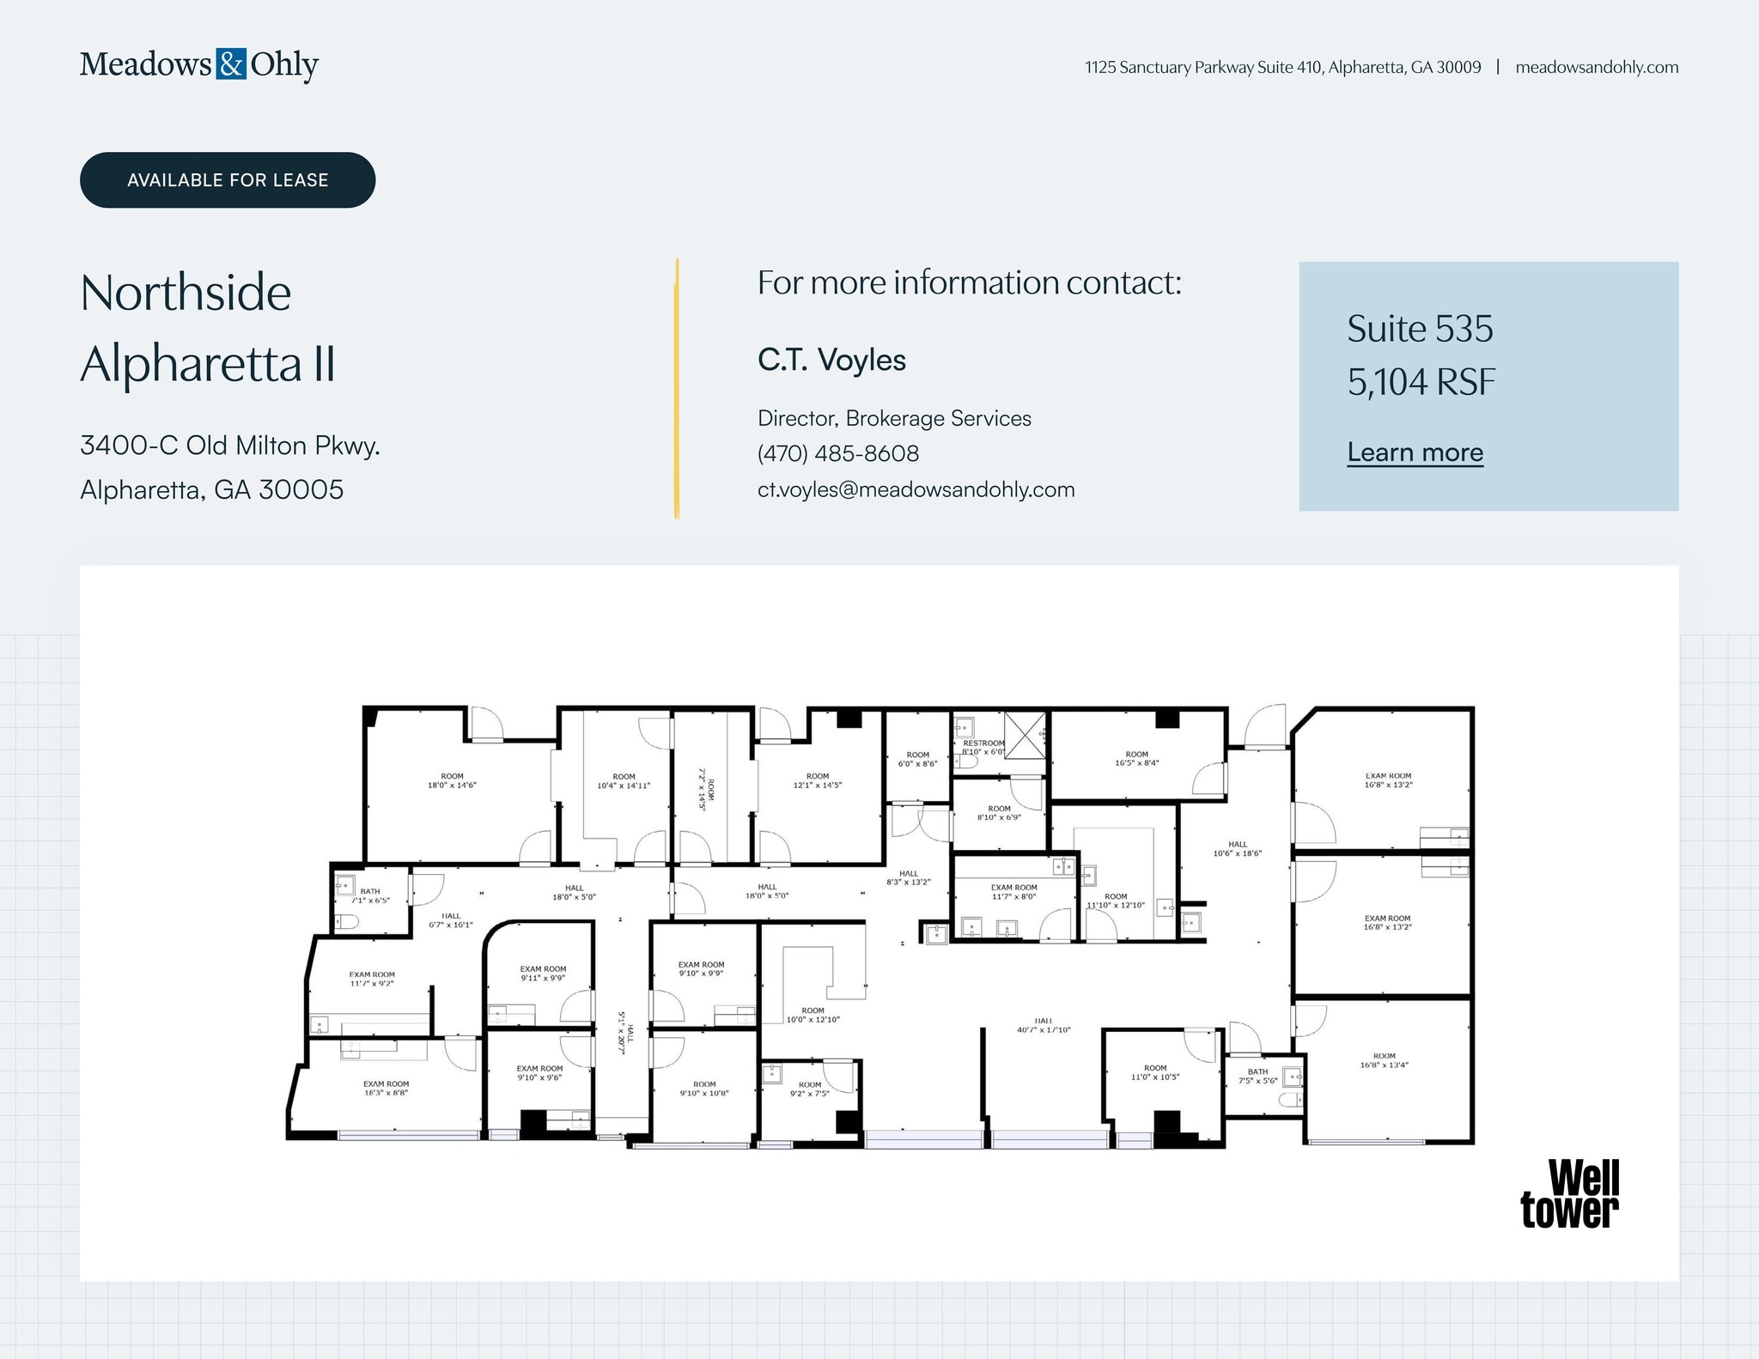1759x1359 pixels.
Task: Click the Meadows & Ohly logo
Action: (199, 64)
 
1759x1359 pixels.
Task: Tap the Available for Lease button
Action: (228, 180)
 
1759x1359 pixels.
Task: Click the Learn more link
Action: (1415, 452)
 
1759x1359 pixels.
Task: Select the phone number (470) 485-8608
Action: (837, 453)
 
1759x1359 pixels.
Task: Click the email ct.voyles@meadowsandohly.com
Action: (916, 489)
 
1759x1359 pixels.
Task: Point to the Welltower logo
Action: (1569, 1193)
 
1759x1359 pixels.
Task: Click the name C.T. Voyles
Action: (831, 360)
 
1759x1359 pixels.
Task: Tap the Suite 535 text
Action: (1420, 329)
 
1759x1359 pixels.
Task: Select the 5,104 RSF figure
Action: (1421, 382)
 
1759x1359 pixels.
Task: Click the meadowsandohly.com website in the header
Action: (1596, 67)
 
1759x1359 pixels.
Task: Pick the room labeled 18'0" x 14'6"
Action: (452, 780)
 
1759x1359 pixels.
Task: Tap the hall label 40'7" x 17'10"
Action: (1044, 1025)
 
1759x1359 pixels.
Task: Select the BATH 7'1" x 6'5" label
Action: (370, 895)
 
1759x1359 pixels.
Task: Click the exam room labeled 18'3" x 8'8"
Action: (386, 1088)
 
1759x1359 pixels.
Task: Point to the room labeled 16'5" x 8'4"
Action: (1136, 758)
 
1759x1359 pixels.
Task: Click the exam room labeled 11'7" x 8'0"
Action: (1013, 891)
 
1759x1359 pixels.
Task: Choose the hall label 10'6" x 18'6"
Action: (1237, 848)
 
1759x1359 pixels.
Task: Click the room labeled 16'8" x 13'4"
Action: (1384, 1060)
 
